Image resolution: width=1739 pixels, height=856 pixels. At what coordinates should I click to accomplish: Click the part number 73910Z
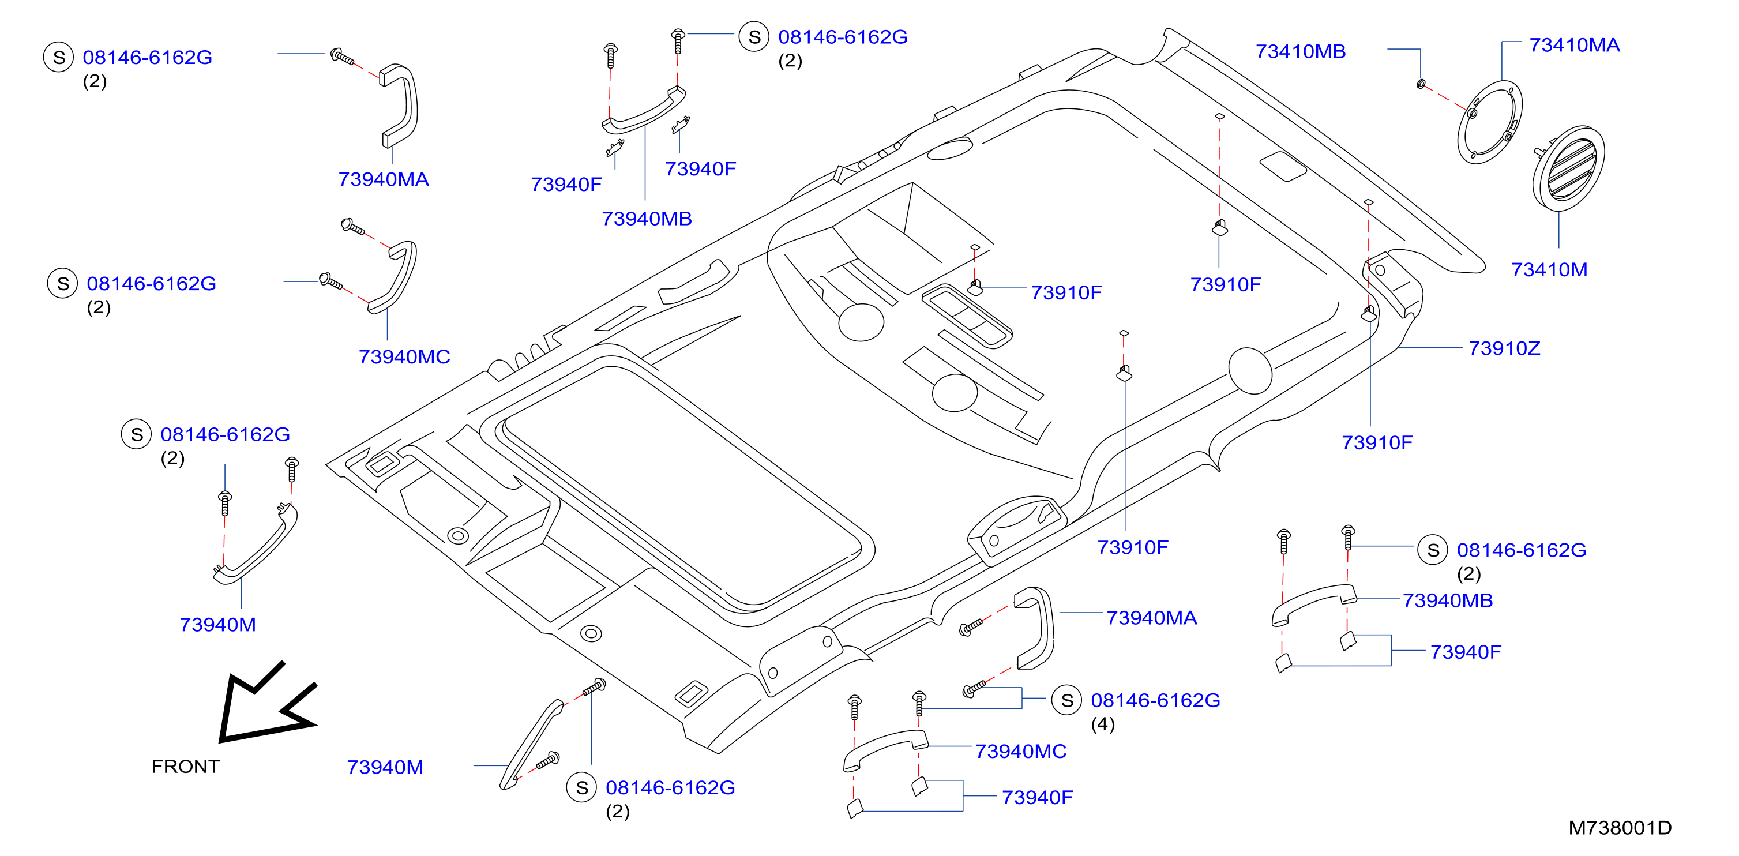pos(1504,348)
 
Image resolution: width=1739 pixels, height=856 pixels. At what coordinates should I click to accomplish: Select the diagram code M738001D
pos(1620,828)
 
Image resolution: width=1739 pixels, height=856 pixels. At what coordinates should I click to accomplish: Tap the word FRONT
pos(186,766)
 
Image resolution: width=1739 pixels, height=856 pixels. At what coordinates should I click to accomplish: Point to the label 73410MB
pos(1300,51)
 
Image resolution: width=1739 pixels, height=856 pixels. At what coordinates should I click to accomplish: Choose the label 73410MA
pos(1574,45)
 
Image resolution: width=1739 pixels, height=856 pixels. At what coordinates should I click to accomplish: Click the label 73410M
pos(1549,270)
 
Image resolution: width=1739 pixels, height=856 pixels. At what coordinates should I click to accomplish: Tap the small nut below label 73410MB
pos(1421,84)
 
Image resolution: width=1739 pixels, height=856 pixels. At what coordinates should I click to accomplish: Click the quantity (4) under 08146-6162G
pos(1102,724)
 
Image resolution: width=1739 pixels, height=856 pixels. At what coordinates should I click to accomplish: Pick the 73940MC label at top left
pos(404,357)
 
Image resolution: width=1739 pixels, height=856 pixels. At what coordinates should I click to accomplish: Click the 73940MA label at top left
pos(384,179)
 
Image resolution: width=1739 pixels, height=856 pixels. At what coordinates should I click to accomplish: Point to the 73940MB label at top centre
pos(647,219)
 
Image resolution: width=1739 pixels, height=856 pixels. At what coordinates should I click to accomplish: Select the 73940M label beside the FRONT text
pos(385,768)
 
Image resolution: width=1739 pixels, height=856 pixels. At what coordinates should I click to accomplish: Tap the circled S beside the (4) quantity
pos(1066,700)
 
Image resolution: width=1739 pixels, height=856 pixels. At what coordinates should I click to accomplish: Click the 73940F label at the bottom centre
pos(1037,798)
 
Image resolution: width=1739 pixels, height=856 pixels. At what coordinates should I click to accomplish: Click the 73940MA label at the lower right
pos(1152,618)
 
